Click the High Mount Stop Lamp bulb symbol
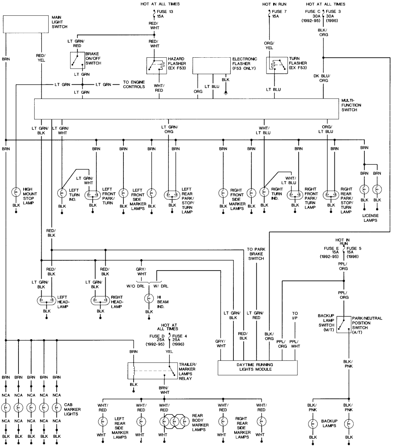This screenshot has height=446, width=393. click(16, 192)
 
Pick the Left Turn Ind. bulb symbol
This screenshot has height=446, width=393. click(62, 193)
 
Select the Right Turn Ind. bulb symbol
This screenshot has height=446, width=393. click(264, 193)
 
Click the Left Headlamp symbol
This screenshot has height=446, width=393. click(47, 300)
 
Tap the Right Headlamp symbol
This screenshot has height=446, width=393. click(101, 300)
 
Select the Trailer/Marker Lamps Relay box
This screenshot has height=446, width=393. click(152, 371)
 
